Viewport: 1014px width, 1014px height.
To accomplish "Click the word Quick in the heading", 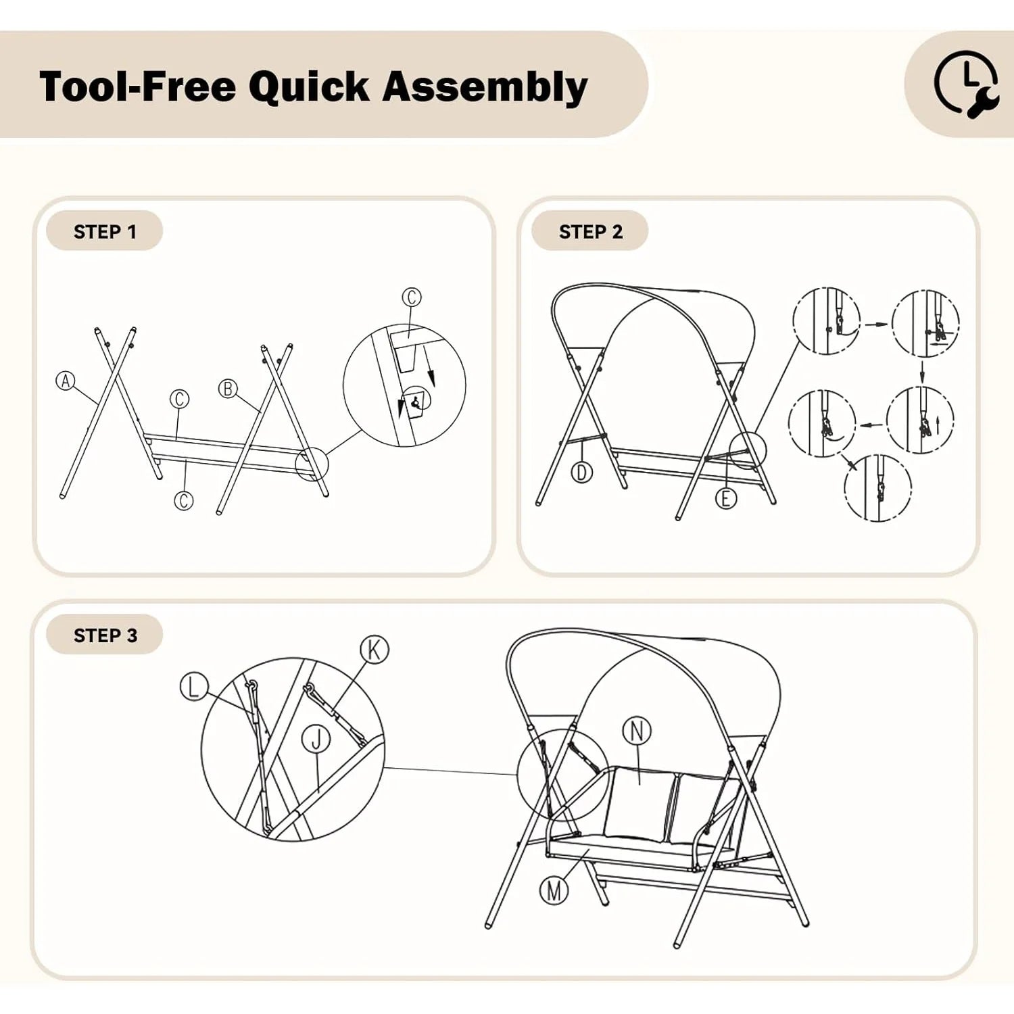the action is click(x=310, y=87).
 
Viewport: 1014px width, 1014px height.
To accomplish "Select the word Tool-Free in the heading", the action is click(x=138, y=87).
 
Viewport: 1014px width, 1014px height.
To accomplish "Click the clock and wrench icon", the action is click(x=966, y=84).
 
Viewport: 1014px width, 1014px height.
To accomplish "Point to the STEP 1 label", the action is click(x=105, y=232).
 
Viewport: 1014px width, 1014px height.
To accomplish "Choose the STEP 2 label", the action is click(x=590, y=232).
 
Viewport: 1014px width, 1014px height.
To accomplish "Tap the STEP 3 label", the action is click(x=105, y=635).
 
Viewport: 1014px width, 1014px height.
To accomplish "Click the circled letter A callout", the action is click(x=66, y=381).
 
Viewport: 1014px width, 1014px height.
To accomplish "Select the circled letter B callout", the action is click(x=228, y=389).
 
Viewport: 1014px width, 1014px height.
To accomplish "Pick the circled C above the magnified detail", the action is click(x=412, y=297).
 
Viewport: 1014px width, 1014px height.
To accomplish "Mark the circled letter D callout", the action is click(x=582, y=472).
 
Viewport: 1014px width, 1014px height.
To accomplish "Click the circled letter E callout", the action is click(x=726, y=498).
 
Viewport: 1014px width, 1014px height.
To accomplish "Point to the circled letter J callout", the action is click(x=316, y=738).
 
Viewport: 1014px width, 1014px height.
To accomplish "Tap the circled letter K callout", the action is click(x=375, y=650).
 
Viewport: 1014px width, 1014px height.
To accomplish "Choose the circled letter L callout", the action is click(x=194, y=686).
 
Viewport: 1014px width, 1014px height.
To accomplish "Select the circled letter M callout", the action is click(x=554, y=890).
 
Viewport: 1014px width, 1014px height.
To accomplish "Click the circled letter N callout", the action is click(x=637, y=731).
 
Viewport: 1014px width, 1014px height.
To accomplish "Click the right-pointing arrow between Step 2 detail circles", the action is click(x=877, y=324).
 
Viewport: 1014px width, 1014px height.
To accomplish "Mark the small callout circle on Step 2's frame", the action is click(x=748, y=451).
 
